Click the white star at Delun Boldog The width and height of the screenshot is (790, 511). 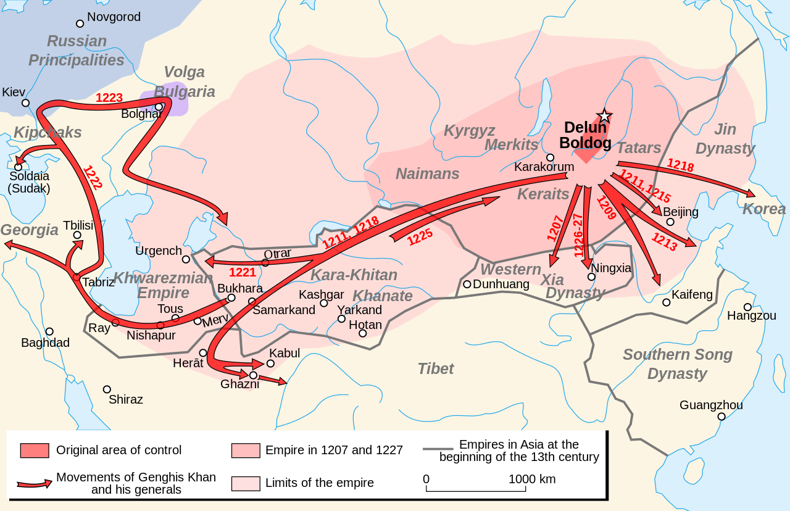pyautogui.click(x=604, y=116)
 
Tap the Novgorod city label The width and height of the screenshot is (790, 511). pyautogui.click(x=114, y=17)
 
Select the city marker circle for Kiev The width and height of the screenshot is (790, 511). pyautogui.click(x=25, y=103)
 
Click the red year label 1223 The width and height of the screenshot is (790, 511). pyautogui.click(x=109, y=98)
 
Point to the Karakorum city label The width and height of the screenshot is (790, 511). pyautogui.click(x=544, y=167)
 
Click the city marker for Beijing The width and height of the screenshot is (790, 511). pyautogui.click(x=670, y=222)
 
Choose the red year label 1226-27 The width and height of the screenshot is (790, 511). pyautogui.click(x=578, y=235)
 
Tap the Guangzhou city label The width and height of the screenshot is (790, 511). pyautogui.click(x=711, y=405)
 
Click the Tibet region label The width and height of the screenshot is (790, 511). pyautogui.click(x=435, y=368)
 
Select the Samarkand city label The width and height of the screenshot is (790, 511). pyautogui.click(x=284, y=310)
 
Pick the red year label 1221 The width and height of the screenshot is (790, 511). pyautogui.click(x=243, y=272)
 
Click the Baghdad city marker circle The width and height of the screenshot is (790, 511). pyautogui.click(x=49, y=331)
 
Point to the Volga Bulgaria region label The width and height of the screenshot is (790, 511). pyautogui.click(x=184, y=81)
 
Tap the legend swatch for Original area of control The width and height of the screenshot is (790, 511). pyautogui.click(x=35, y=450)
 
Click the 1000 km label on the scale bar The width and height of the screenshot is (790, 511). pyautogui.click(x=531, y=479)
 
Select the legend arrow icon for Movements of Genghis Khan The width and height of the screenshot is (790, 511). pyautogui.click(x=35, y=484)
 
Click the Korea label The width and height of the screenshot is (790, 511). pyautogui.click(x=764, y=209)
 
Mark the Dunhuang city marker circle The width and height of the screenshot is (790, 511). pyautogui.click(x=467, y=285)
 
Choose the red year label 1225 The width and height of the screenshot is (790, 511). pyautogui.click(x=420, y=237)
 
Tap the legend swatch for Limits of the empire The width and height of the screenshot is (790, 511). pyautogui.click(x=246, y=483)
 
